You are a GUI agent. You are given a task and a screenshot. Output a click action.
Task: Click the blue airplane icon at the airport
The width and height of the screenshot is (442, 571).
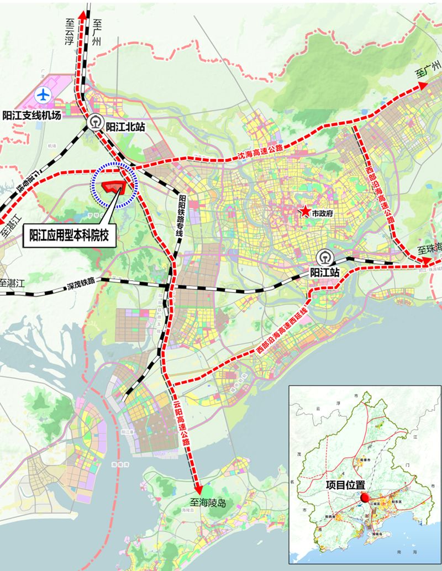43,95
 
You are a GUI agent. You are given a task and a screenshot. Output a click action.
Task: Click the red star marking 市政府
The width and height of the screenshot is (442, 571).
304,211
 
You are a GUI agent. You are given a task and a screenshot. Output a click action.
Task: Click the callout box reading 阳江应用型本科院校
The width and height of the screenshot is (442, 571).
71,236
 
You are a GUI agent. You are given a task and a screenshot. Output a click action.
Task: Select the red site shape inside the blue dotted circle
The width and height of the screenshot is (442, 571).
117,186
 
